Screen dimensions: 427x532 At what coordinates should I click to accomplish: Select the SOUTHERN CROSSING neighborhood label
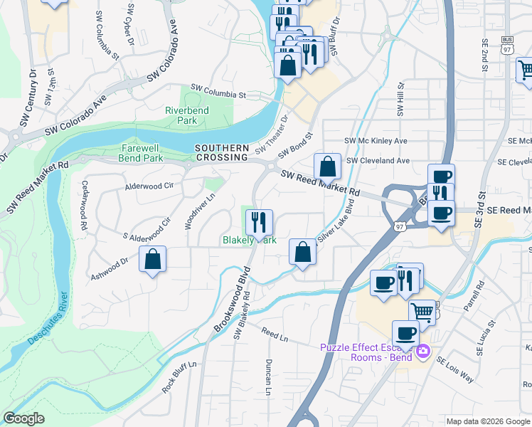pyautogui.click(x=222, y=152)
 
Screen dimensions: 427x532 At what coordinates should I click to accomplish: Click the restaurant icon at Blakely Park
pyautogui.click(x=259, y=222)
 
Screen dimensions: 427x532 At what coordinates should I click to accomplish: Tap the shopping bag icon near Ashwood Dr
pyautogui.click(x=153, y=260)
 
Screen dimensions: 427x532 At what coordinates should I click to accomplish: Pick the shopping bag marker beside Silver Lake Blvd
pyautogui.click(x=302, y=253)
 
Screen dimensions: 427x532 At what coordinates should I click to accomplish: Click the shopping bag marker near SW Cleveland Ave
pyautogui.click(x=327, y=167)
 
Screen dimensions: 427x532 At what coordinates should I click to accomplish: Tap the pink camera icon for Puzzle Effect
pyautogui.click(x=423, y=351)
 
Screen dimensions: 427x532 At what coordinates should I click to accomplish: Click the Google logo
pyautogui.click(x=24, y=418)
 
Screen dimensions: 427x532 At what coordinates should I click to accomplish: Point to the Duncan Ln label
pyautogui.click(x=269, y=377)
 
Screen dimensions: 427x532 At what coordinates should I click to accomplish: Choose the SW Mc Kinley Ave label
pyautogui.click(x=376, y=141)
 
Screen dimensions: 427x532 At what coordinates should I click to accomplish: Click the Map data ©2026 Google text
pyautogui.click(x=487, y=421)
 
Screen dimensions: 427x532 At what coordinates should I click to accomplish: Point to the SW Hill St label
pyautogui.click(x=401, y=99)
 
